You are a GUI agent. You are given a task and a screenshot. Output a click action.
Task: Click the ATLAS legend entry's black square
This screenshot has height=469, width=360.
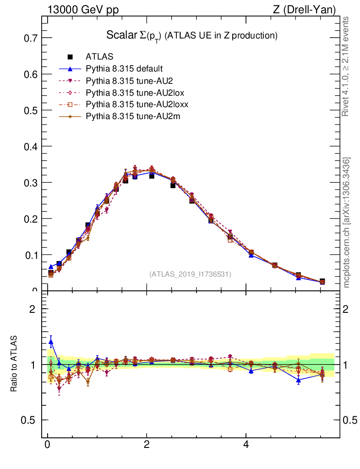coord(70,57)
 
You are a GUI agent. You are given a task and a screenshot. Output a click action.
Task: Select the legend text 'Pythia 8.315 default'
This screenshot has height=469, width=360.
coord(124,69)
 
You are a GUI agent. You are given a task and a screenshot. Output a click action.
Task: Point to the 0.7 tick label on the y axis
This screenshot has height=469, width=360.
coord(30,38)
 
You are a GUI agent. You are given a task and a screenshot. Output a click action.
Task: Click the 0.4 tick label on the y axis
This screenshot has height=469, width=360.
coord(30,147)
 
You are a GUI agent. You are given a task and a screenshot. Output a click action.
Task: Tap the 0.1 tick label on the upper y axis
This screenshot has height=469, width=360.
coord(30,255)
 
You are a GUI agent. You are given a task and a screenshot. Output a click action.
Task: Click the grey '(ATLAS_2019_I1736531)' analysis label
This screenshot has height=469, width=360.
coord(190,274)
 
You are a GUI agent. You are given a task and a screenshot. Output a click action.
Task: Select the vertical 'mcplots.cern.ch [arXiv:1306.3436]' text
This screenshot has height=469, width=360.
coord(347,223)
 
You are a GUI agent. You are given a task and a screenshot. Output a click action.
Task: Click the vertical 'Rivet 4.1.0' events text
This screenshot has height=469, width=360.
coord(347,66)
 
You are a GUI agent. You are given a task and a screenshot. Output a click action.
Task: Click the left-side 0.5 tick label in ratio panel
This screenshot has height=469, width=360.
coord(30,420)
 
